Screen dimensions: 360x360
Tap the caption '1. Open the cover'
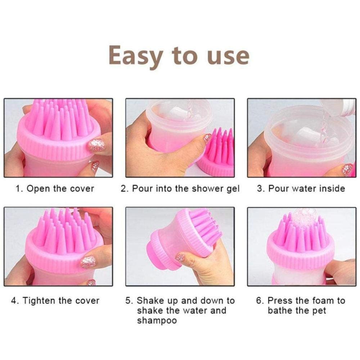(55, 189)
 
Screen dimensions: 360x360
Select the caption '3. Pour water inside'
(301, 189)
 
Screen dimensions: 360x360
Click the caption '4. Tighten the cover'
(55, 301)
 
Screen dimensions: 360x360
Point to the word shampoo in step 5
(157, 320)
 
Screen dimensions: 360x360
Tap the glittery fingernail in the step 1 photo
(96, 145)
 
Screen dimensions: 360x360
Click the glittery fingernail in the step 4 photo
(88, 262)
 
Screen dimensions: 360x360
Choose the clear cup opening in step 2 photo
(180, 112)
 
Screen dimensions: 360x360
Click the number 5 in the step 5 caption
(129, 301)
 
